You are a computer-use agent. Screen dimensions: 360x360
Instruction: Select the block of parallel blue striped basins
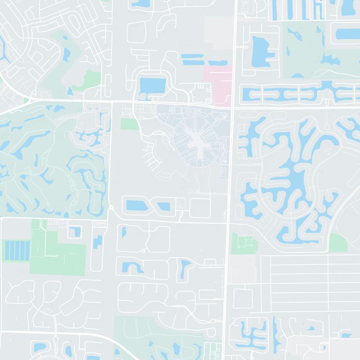pyautogui.click(x=16, y=250)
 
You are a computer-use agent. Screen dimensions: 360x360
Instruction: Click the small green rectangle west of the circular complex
pyautogui.click(x=130, y=124)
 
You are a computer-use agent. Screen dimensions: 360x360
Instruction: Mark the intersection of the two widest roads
pyautogui.click(x=233, y=107)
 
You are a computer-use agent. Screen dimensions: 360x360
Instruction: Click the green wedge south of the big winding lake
pyautogui.click(x=337, y=243)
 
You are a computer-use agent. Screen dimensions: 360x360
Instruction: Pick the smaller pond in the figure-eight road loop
pyautogui.click(x=164, y=207)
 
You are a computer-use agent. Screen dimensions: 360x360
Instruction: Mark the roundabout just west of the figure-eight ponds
pyautogui.click(x=111, y=207)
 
